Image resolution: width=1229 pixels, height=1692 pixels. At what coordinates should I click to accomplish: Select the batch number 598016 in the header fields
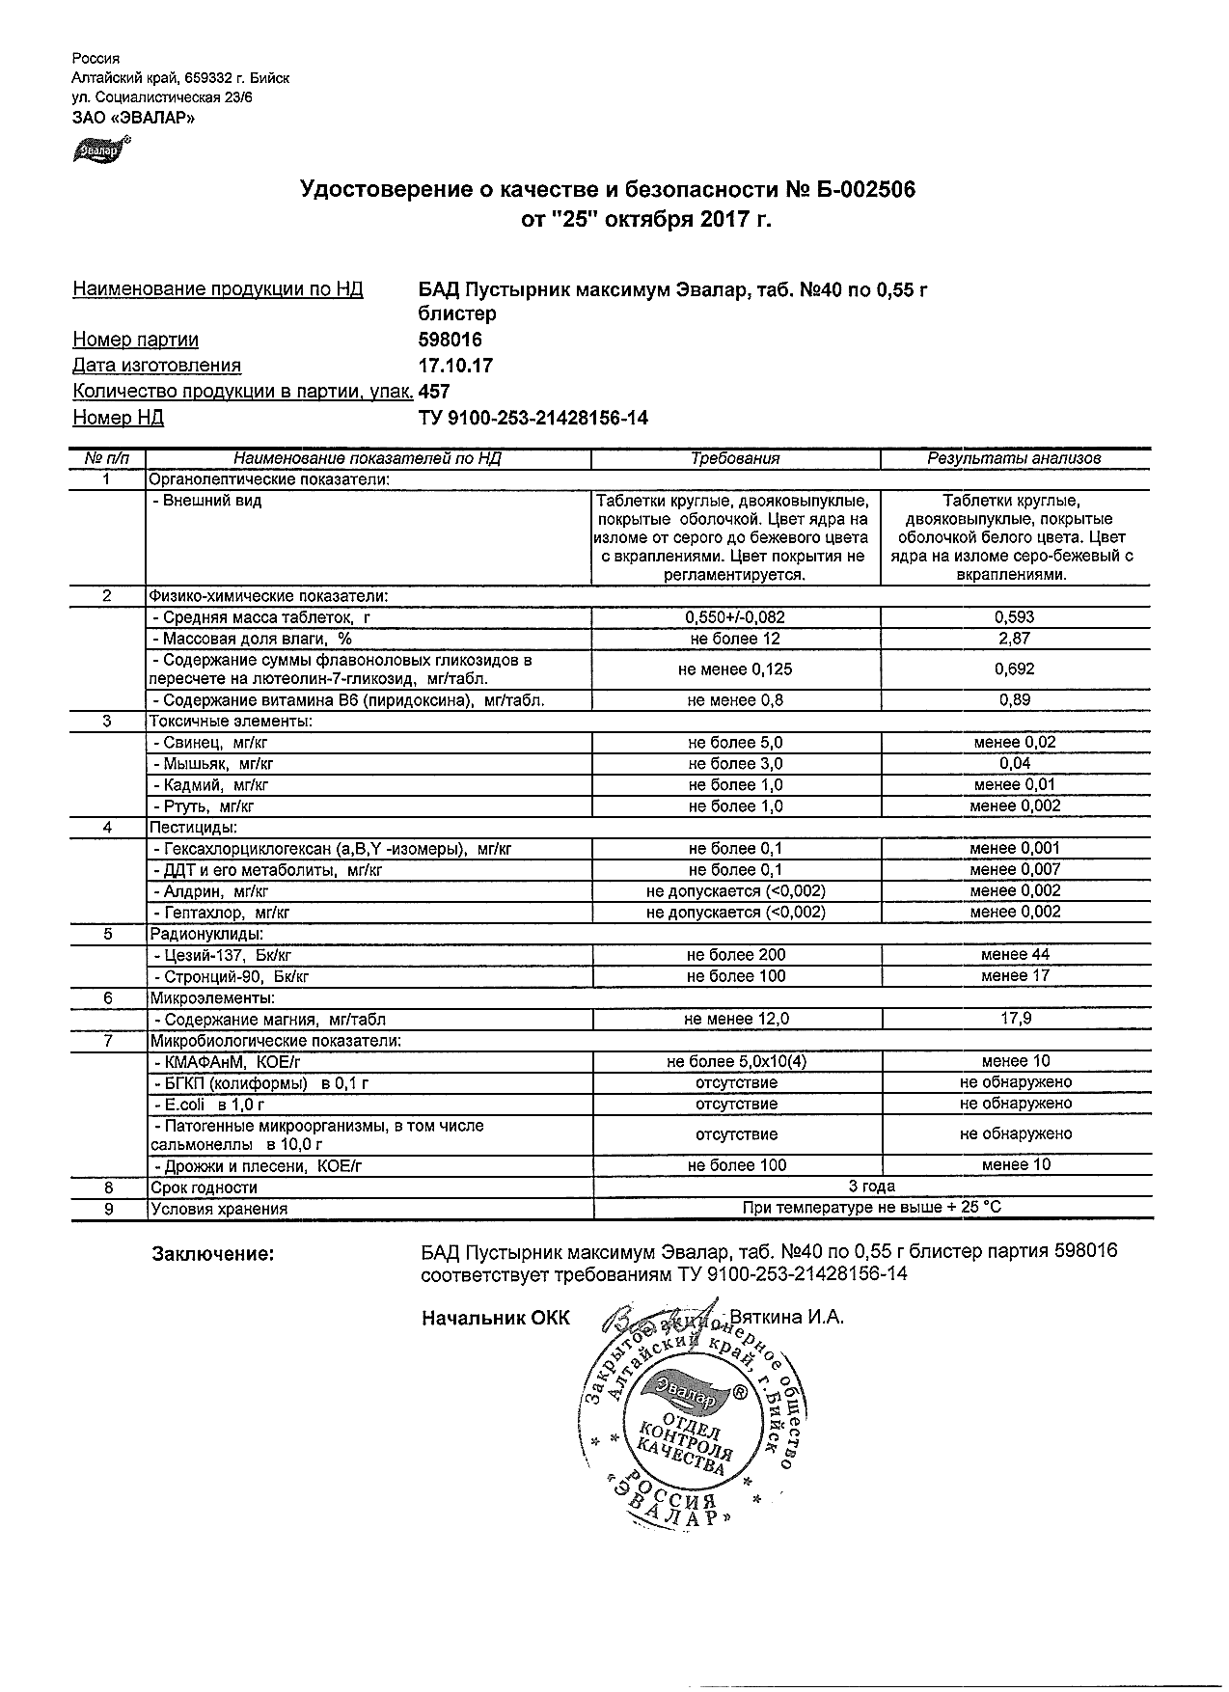[x=451, y=340]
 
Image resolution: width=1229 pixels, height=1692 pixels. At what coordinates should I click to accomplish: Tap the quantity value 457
[x=434, y=392]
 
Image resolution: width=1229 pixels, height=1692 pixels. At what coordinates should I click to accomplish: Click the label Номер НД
[x=118, y=418]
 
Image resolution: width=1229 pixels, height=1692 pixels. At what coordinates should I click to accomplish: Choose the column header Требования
[x=735, y=459]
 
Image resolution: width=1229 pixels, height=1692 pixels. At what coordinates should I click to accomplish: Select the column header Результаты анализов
[x=1014, y=459]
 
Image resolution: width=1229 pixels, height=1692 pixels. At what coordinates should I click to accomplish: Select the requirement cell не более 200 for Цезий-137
[x=735, y=955]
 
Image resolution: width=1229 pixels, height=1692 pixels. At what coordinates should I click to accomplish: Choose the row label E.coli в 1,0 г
[x=208, y=1105]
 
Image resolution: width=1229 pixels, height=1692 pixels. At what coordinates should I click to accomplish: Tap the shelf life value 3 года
[x=871, y=1187]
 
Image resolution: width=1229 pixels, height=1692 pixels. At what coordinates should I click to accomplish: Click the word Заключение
[x=212, y=1254]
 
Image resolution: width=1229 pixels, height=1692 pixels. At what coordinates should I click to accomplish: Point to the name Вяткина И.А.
[x=787, y=1318]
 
